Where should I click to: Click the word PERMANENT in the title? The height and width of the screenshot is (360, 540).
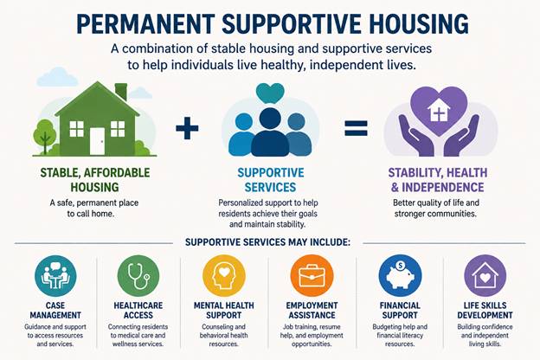point(145,23)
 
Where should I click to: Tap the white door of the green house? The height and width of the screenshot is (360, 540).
point(97,141)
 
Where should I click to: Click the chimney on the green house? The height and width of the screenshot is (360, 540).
point(121,92)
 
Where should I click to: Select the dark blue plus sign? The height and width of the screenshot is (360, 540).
point(187,128)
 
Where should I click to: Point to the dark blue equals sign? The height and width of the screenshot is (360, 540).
point(356,128)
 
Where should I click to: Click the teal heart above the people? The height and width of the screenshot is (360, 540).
point(270,93)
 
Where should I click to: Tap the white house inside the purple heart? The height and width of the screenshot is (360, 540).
point(439,111)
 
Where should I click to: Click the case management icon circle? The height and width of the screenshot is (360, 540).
point(55,275)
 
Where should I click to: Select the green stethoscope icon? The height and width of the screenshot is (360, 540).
point(138,275)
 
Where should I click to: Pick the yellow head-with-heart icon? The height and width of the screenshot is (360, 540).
point(224,275)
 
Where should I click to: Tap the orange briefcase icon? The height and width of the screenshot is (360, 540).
point(312,275)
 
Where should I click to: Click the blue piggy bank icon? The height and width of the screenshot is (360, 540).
point(400,275)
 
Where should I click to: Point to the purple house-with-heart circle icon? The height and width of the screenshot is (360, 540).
point(485,275)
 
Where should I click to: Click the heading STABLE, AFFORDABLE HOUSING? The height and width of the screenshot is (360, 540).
point(95,180)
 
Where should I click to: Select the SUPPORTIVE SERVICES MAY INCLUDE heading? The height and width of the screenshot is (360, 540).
point(267,242)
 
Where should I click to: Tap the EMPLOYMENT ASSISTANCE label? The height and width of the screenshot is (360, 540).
point(312,311)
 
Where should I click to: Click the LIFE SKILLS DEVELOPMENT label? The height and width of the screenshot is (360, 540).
point(485,311)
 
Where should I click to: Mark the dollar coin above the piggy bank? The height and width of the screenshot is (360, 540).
point(400,266)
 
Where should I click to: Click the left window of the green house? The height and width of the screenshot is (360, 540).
point(76,129)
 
